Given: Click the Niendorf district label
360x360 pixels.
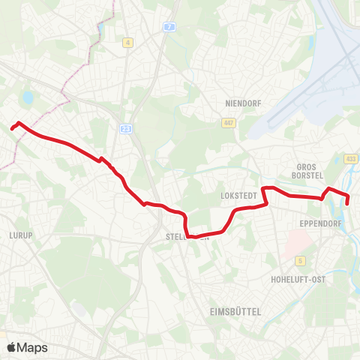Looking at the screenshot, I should (241, 103).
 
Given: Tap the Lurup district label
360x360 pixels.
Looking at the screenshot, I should (20, 235).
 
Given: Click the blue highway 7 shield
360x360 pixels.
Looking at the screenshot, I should (170, 27).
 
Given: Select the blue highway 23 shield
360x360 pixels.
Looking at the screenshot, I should (125, 129).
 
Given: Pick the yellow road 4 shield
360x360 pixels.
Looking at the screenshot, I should (128, 43).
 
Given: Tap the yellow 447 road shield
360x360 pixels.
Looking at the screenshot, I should (229, 122).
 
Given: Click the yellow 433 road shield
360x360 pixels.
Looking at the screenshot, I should (351, 158).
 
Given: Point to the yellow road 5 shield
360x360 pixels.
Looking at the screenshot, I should (300, 260).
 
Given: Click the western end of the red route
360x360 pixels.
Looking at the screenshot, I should (11, 129).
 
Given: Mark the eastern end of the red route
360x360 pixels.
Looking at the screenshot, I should (346, 203).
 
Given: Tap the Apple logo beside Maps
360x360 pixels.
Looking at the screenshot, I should (11, 347).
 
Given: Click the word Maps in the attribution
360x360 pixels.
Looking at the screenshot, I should (32, 347).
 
